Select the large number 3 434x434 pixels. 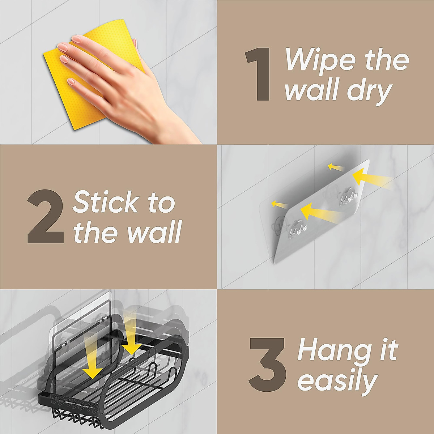(x=268, y=365)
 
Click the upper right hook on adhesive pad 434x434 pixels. (x=348, y=197)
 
